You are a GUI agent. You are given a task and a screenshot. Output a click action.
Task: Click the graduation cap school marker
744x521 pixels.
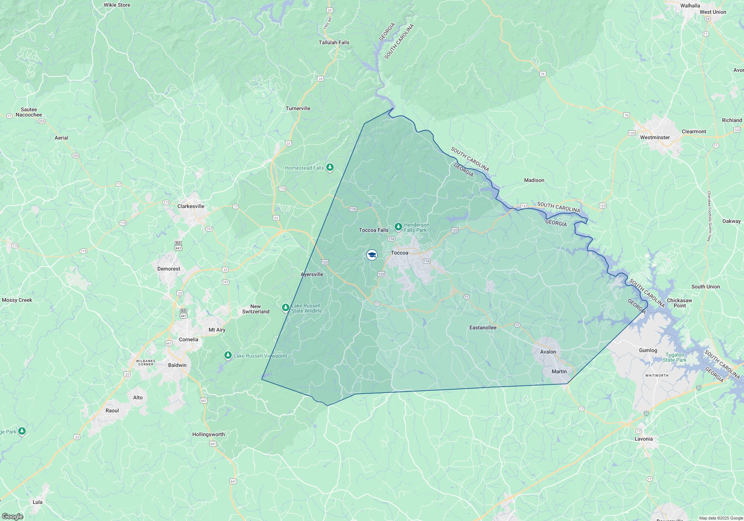[x=372, y=255]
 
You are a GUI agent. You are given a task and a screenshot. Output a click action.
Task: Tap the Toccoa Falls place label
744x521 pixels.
[x=373, y=230]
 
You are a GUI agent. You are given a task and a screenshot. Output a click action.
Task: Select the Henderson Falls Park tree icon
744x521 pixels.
[x=398, y=227]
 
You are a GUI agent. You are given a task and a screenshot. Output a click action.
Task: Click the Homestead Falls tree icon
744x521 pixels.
[x=330, y=167]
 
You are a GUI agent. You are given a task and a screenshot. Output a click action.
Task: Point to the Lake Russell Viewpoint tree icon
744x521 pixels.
[x=228, y=355]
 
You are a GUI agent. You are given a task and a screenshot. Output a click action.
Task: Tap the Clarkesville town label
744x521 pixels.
[x=191, y=206]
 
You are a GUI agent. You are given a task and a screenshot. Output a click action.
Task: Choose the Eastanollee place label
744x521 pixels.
[x=483, y=327]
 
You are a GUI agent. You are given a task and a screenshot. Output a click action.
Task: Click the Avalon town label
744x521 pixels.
[x=548, y=352]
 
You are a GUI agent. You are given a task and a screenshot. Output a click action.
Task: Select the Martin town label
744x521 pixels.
[x=559, y=371]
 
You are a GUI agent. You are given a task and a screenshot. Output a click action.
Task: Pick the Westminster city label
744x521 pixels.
[x=655, y=137]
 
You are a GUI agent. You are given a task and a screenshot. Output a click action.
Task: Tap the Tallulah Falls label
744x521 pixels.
[x=334, y=42]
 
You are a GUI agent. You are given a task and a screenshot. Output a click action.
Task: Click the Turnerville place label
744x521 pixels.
[x=298, y=108]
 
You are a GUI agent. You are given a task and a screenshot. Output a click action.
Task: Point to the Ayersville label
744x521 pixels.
[x=312, y=274]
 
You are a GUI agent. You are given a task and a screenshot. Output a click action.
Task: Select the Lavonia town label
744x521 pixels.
[x=644, y=439]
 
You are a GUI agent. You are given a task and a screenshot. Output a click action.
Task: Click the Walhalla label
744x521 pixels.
[x=690, y=6]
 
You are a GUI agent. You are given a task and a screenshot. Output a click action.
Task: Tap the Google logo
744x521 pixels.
[x=12, y=516]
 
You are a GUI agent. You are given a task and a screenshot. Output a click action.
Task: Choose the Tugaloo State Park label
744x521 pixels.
[x=675, y=357]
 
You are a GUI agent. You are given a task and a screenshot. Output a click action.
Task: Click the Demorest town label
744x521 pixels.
[x=169, y=269]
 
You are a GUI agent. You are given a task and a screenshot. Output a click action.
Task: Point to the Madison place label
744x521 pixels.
[x=534, y=180]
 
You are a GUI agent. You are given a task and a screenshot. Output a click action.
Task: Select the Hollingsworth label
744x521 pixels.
[x=208, y=434]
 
